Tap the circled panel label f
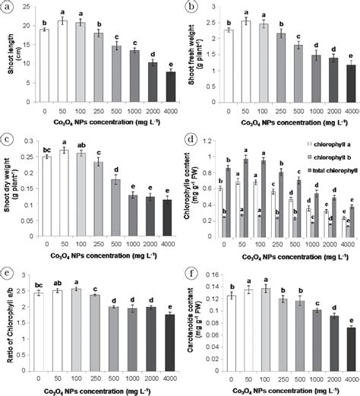pyautogui.click(x=193, y=271)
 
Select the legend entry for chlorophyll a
pyautogui.click(x=317, y=142)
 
